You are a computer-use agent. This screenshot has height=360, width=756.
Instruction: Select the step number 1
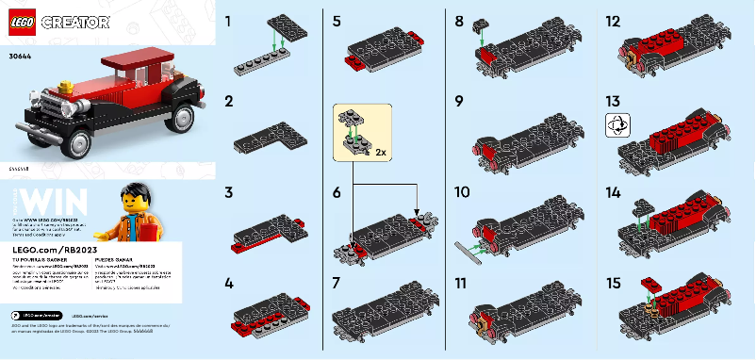coord(229,21)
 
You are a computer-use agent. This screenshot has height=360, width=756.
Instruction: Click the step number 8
coord(459,21)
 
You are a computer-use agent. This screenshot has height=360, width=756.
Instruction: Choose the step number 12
coord(614,21)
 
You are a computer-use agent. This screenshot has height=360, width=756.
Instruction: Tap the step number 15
coord(614,282)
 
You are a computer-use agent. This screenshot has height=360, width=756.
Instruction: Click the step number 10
coord(462,192)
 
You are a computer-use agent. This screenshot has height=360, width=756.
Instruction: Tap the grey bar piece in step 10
coord(469,251)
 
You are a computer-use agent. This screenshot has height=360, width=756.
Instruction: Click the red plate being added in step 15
coord(651,283)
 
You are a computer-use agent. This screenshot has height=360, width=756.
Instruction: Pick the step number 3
coord(229,192)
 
